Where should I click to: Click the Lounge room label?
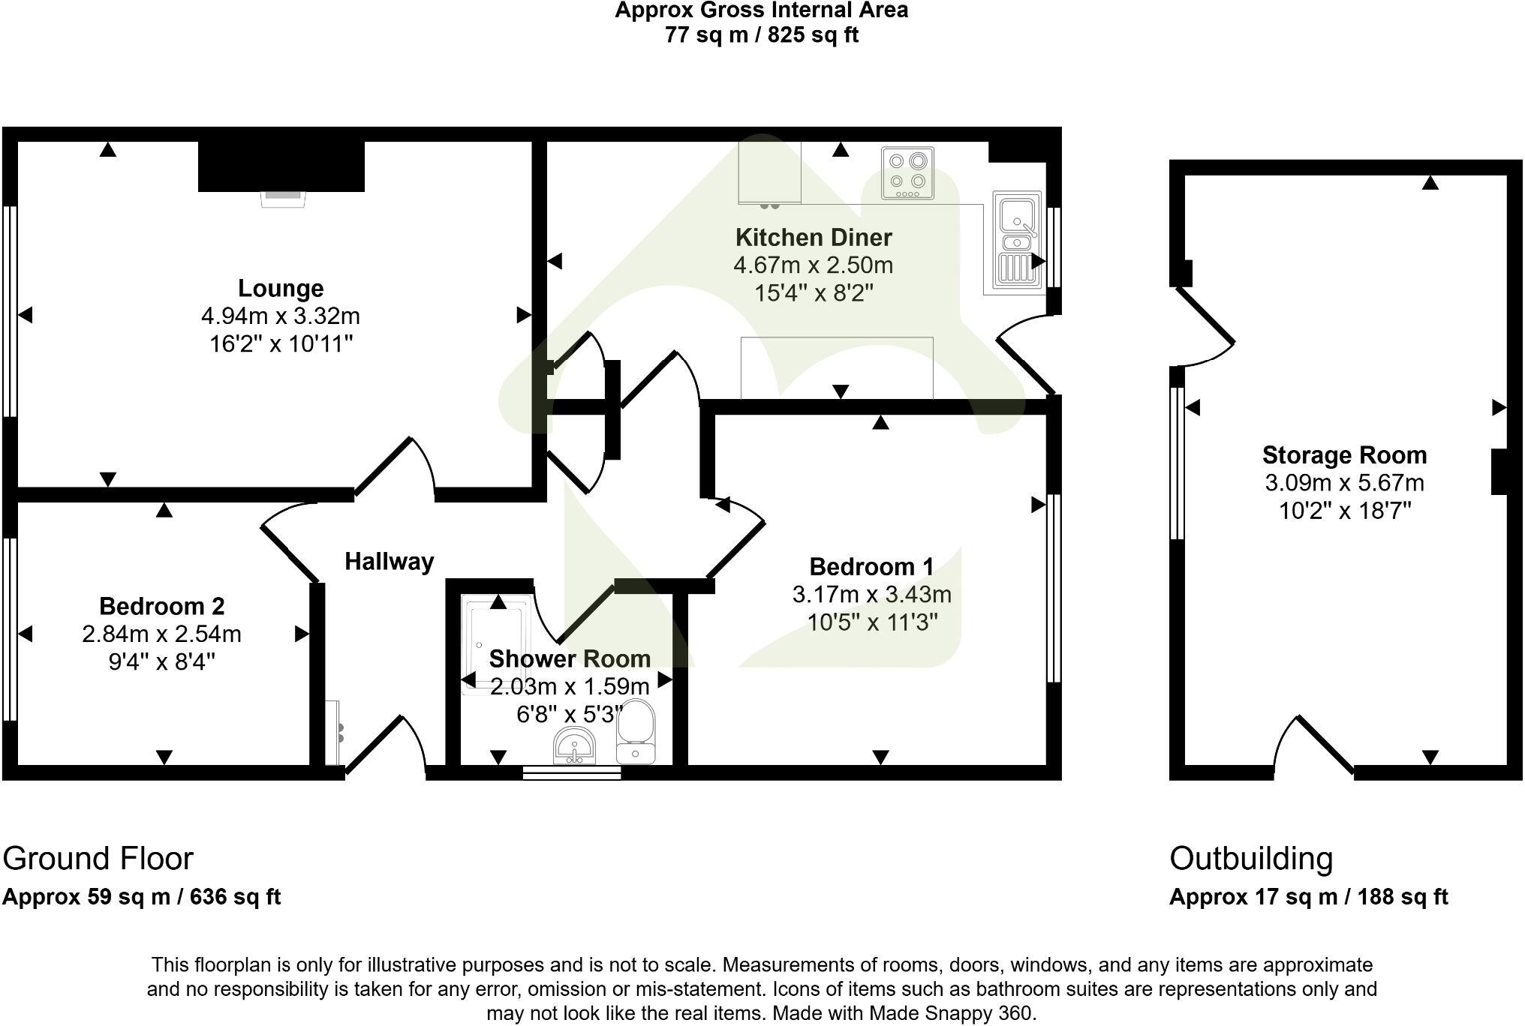click(x=281, y=288)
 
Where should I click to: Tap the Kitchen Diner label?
click(x=814, y=237)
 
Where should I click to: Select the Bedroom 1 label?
click(x=871, y=566)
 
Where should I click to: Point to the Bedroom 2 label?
click(x=161, y=606)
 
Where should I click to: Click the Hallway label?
click(x=389, y=561)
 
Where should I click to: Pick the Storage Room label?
click(x=1344, y=455)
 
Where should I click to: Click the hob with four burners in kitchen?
click(x=907, y=173)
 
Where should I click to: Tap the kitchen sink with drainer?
click(x=1018, y=240)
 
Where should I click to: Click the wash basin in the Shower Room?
click(x=575, y=745)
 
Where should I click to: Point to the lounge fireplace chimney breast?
click(x=281, y=166)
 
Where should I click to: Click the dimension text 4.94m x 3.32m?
click(x=281, y=316)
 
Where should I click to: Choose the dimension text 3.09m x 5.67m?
click(x=1344, y=483)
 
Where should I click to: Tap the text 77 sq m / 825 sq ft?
click(x=761, y=34)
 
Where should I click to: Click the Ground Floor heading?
click(x=98, y=859)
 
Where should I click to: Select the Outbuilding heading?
click(x=1251, y=859)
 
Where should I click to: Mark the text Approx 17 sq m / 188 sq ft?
click(x=1308, y=897)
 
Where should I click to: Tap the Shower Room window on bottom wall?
click(x=572, y=772)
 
